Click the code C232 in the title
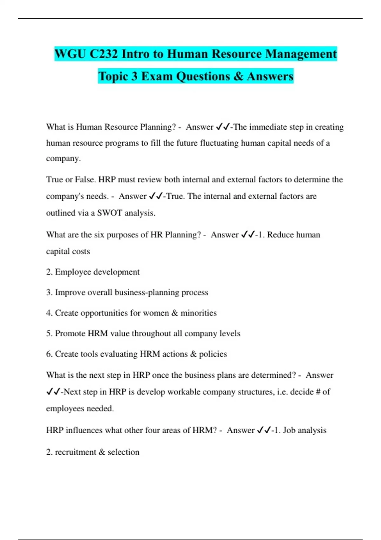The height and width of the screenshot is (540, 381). point(104,54)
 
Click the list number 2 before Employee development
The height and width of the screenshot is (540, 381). point(49,272)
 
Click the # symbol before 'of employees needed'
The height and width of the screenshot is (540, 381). point(318,392)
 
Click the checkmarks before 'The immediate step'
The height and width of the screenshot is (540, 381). point(223,127)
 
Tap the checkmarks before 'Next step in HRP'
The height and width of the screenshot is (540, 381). point(53,392)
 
